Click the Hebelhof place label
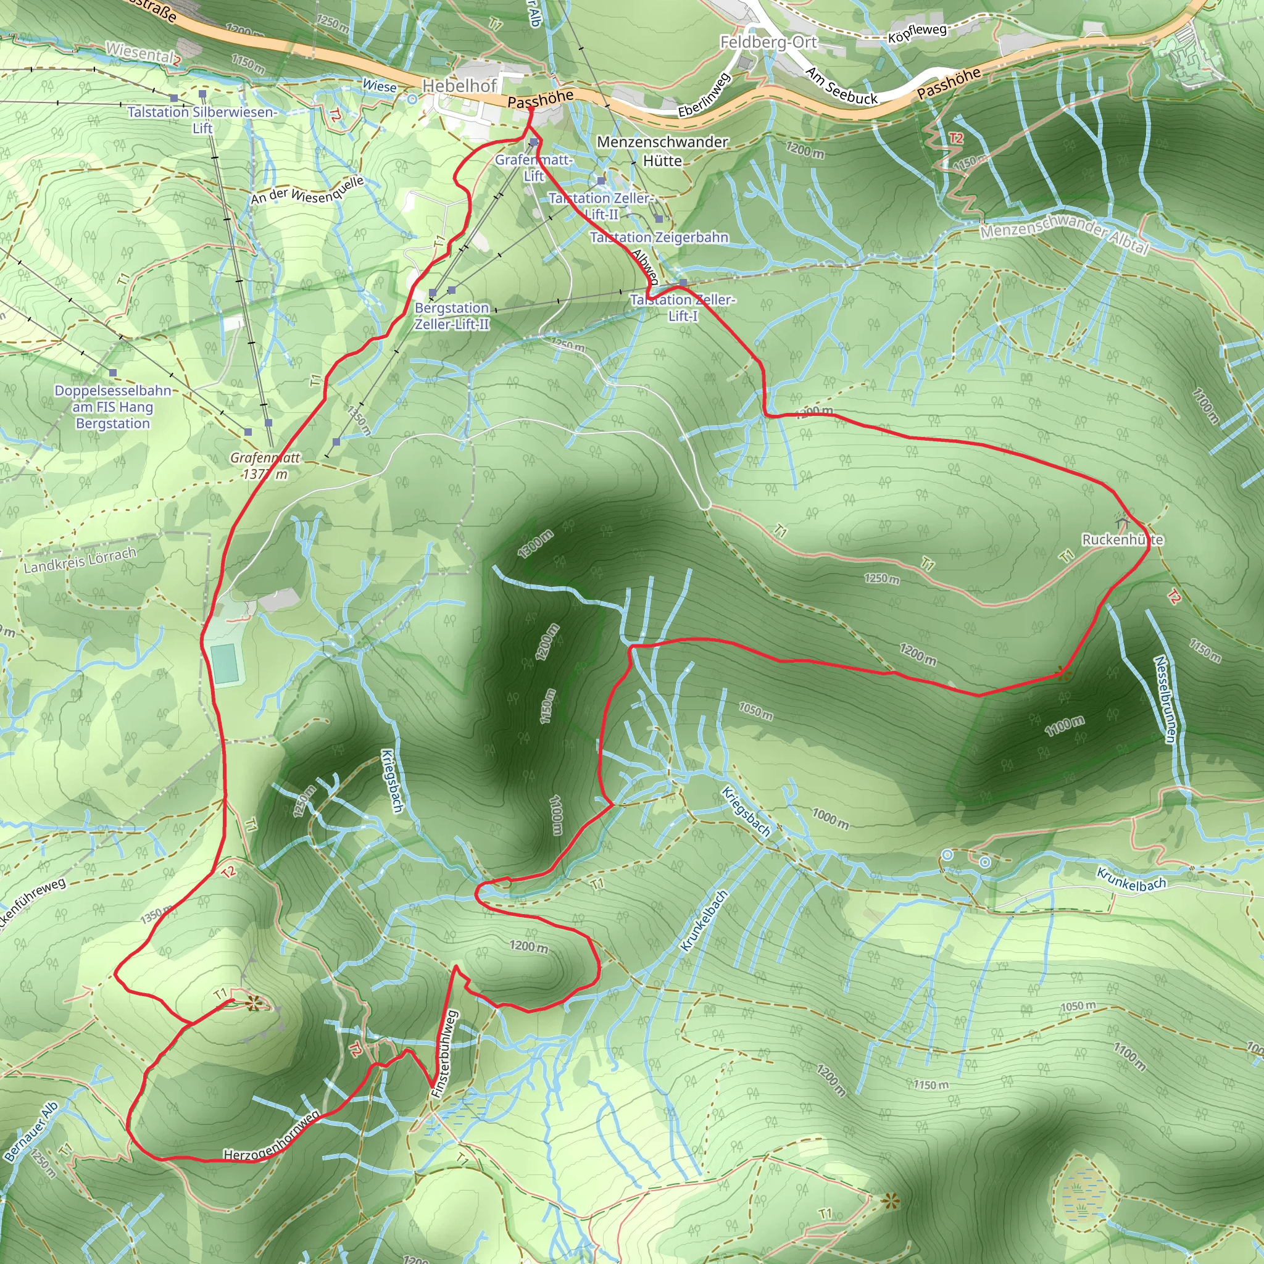[x=459, y=86]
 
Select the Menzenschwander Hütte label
[x=662, y=151]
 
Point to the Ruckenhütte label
[x=1122, y=540]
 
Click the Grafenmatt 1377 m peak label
[x=265, y=466]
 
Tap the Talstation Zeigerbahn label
[x=659, y=238]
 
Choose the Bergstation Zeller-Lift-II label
[x=451, y=316]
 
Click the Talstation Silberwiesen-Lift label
[x=202, y=120]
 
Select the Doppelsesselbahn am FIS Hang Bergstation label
[x=112, y=407]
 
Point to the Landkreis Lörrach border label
[x=80, y=560]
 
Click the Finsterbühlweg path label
[x=445, y=1054]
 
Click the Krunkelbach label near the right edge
[x=1131, y=879]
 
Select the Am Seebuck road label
[x=841, y=86]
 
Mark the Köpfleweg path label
[x=917, y=33]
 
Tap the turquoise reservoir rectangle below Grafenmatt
[x=224, y=663]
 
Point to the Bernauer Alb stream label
[x=31, y=1132]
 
